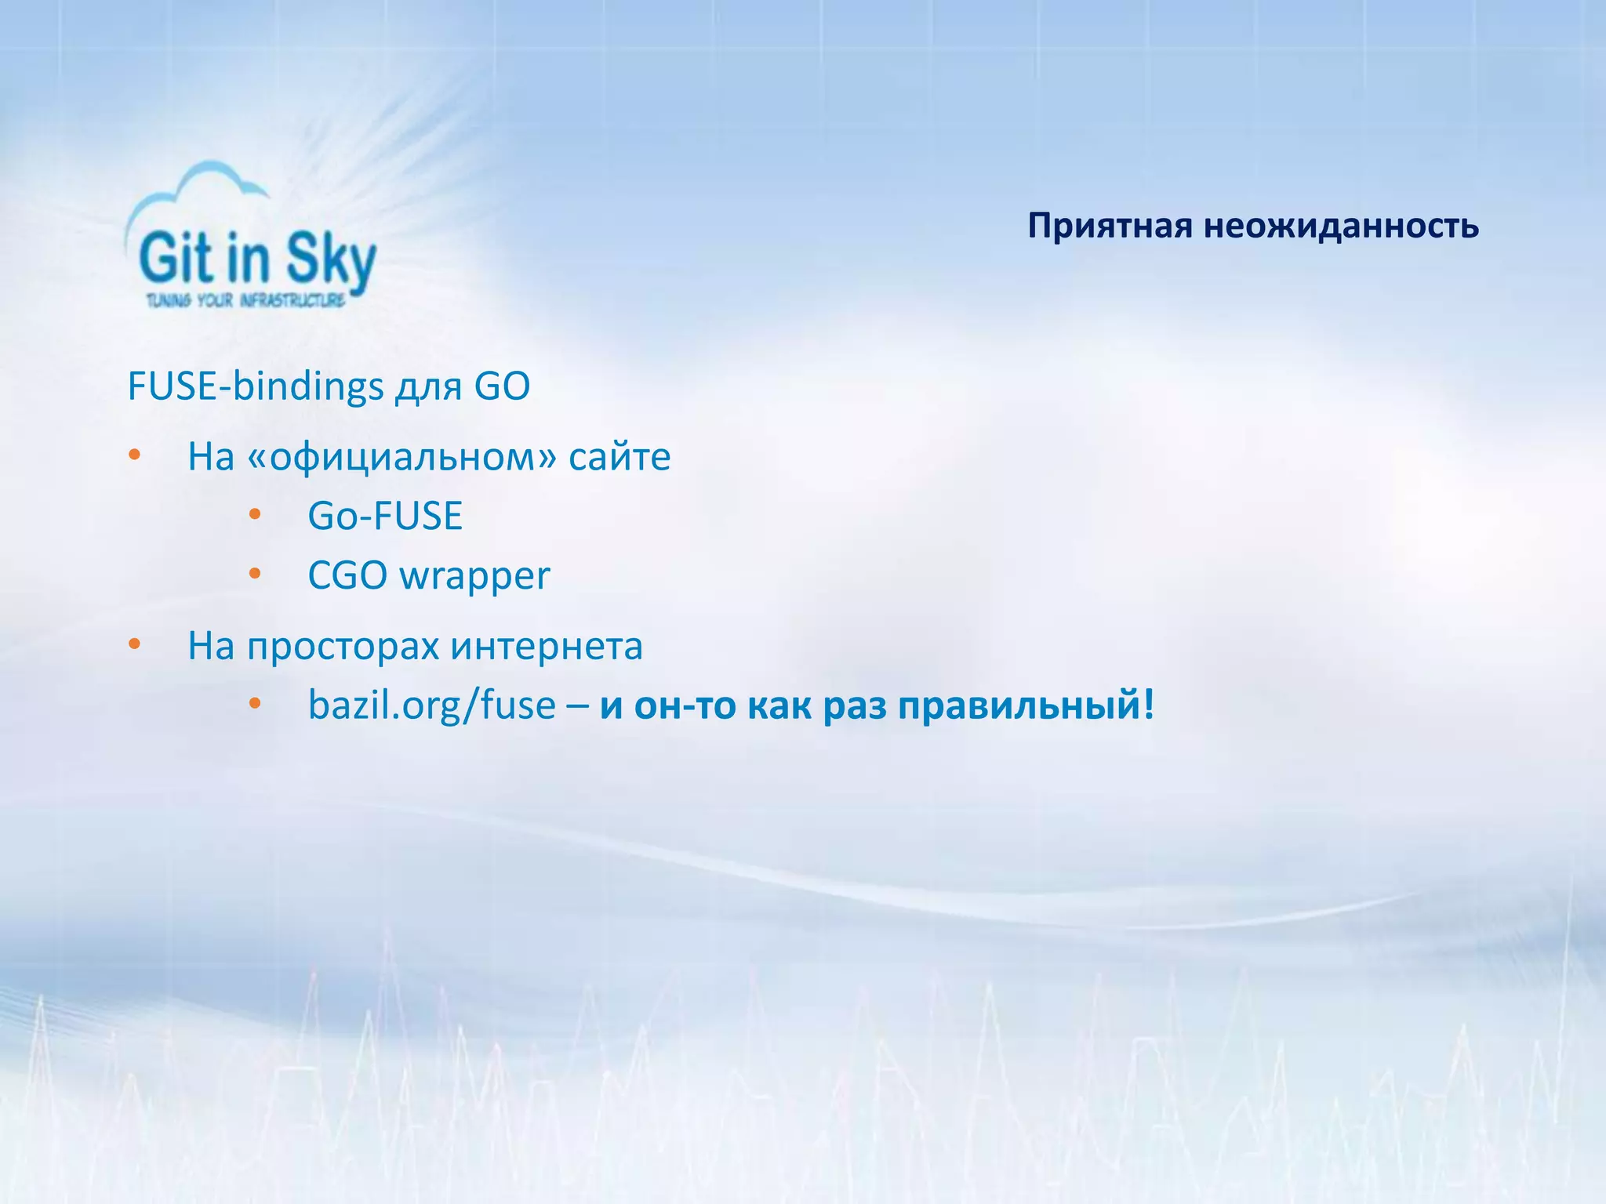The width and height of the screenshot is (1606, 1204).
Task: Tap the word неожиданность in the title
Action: pos(1341,227)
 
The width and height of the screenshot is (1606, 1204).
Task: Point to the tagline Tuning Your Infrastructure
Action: pos(245,300)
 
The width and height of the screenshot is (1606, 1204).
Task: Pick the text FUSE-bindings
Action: pos(256,386)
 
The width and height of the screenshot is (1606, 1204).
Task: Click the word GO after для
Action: pos(502,386)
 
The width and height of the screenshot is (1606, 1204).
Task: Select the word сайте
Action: pos(620,457)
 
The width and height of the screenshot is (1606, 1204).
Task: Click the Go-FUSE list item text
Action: pos(385,516)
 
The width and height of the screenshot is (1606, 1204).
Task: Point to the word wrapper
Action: pos(474,577)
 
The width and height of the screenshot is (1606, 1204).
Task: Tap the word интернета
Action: pos(547,647)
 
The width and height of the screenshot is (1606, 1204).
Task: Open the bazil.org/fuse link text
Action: pos(431,705)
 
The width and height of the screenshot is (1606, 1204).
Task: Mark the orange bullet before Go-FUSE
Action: pos(254,515)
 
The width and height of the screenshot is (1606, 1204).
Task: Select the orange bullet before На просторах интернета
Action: pos(134,644)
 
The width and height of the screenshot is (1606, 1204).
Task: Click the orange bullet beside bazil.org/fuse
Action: pos(254,703)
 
